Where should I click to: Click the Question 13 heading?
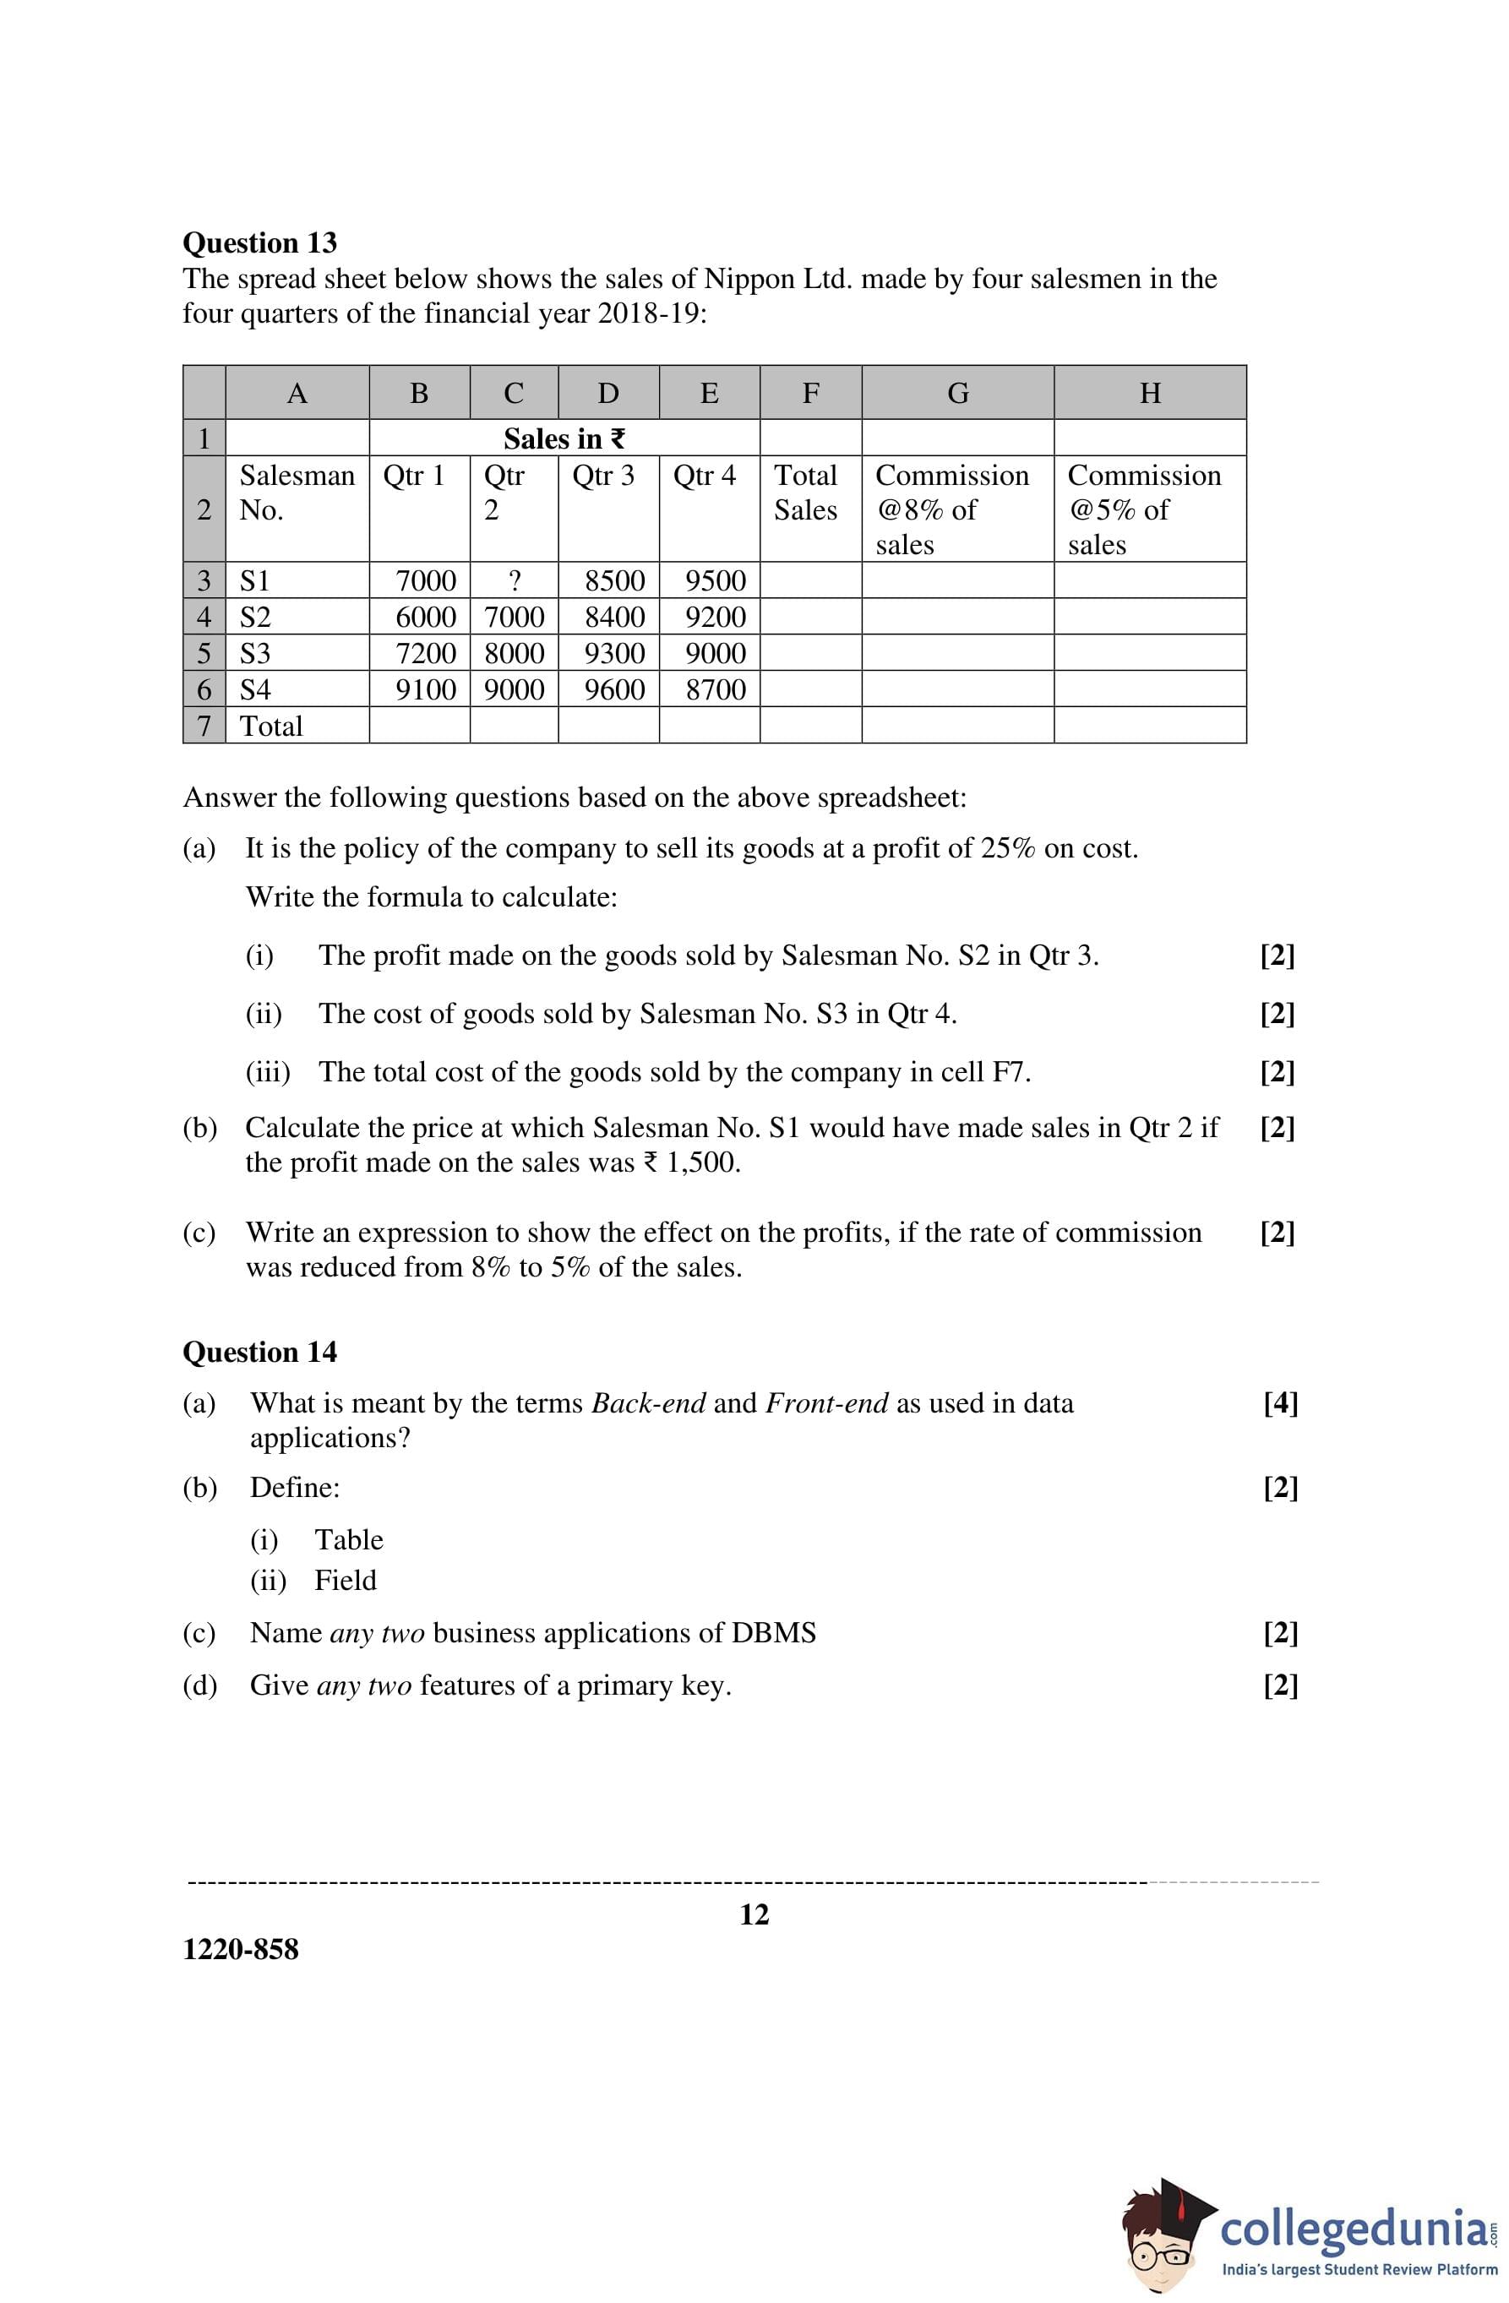pos(259,242)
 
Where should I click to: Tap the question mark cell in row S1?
pos(514,580)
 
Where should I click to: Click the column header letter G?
pos(957,393)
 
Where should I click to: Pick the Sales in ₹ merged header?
pos(564,438)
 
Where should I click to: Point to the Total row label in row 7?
pos(271,726)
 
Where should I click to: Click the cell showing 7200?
pos(426,653)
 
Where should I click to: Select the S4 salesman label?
pos(255,690)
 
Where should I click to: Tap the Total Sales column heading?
pos(805,493)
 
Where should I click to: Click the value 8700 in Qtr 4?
pos(716,690)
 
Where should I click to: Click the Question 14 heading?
pos(259,1352)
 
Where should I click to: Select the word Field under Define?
pos(346,1580)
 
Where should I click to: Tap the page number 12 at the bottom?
pos(754,1914)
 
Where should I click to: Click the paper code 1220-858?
pos(241,1949)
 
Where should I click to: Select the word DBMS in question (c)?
pos(773,1632)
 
